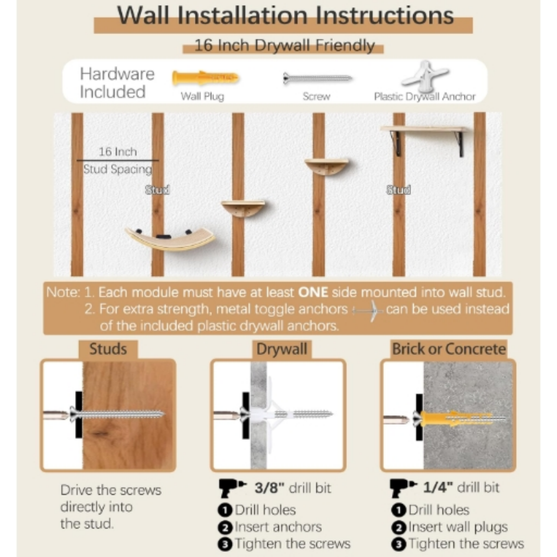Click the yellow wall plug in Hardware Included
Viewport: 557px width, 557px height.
[205, 78]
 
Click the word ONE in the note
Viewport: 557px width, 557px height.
[313, 292]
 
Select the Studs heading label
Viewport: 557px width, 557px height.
[108, 349]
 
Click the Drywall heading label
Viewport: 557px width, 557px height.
[281, 349]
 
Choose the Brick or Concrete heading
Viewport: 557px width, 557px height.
[449, 349]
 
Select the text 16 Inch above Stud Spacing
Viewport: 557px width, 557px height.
[118, 152]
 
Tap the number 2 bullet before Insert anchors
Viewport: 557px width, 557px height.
[225, 527]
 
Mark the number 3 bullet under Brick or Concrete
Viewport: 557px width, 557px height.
[398, 544]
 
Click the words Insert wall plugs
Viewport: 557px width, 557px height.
[458, 527]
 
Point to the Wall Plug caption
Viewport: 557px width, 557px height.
[202, 97]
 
